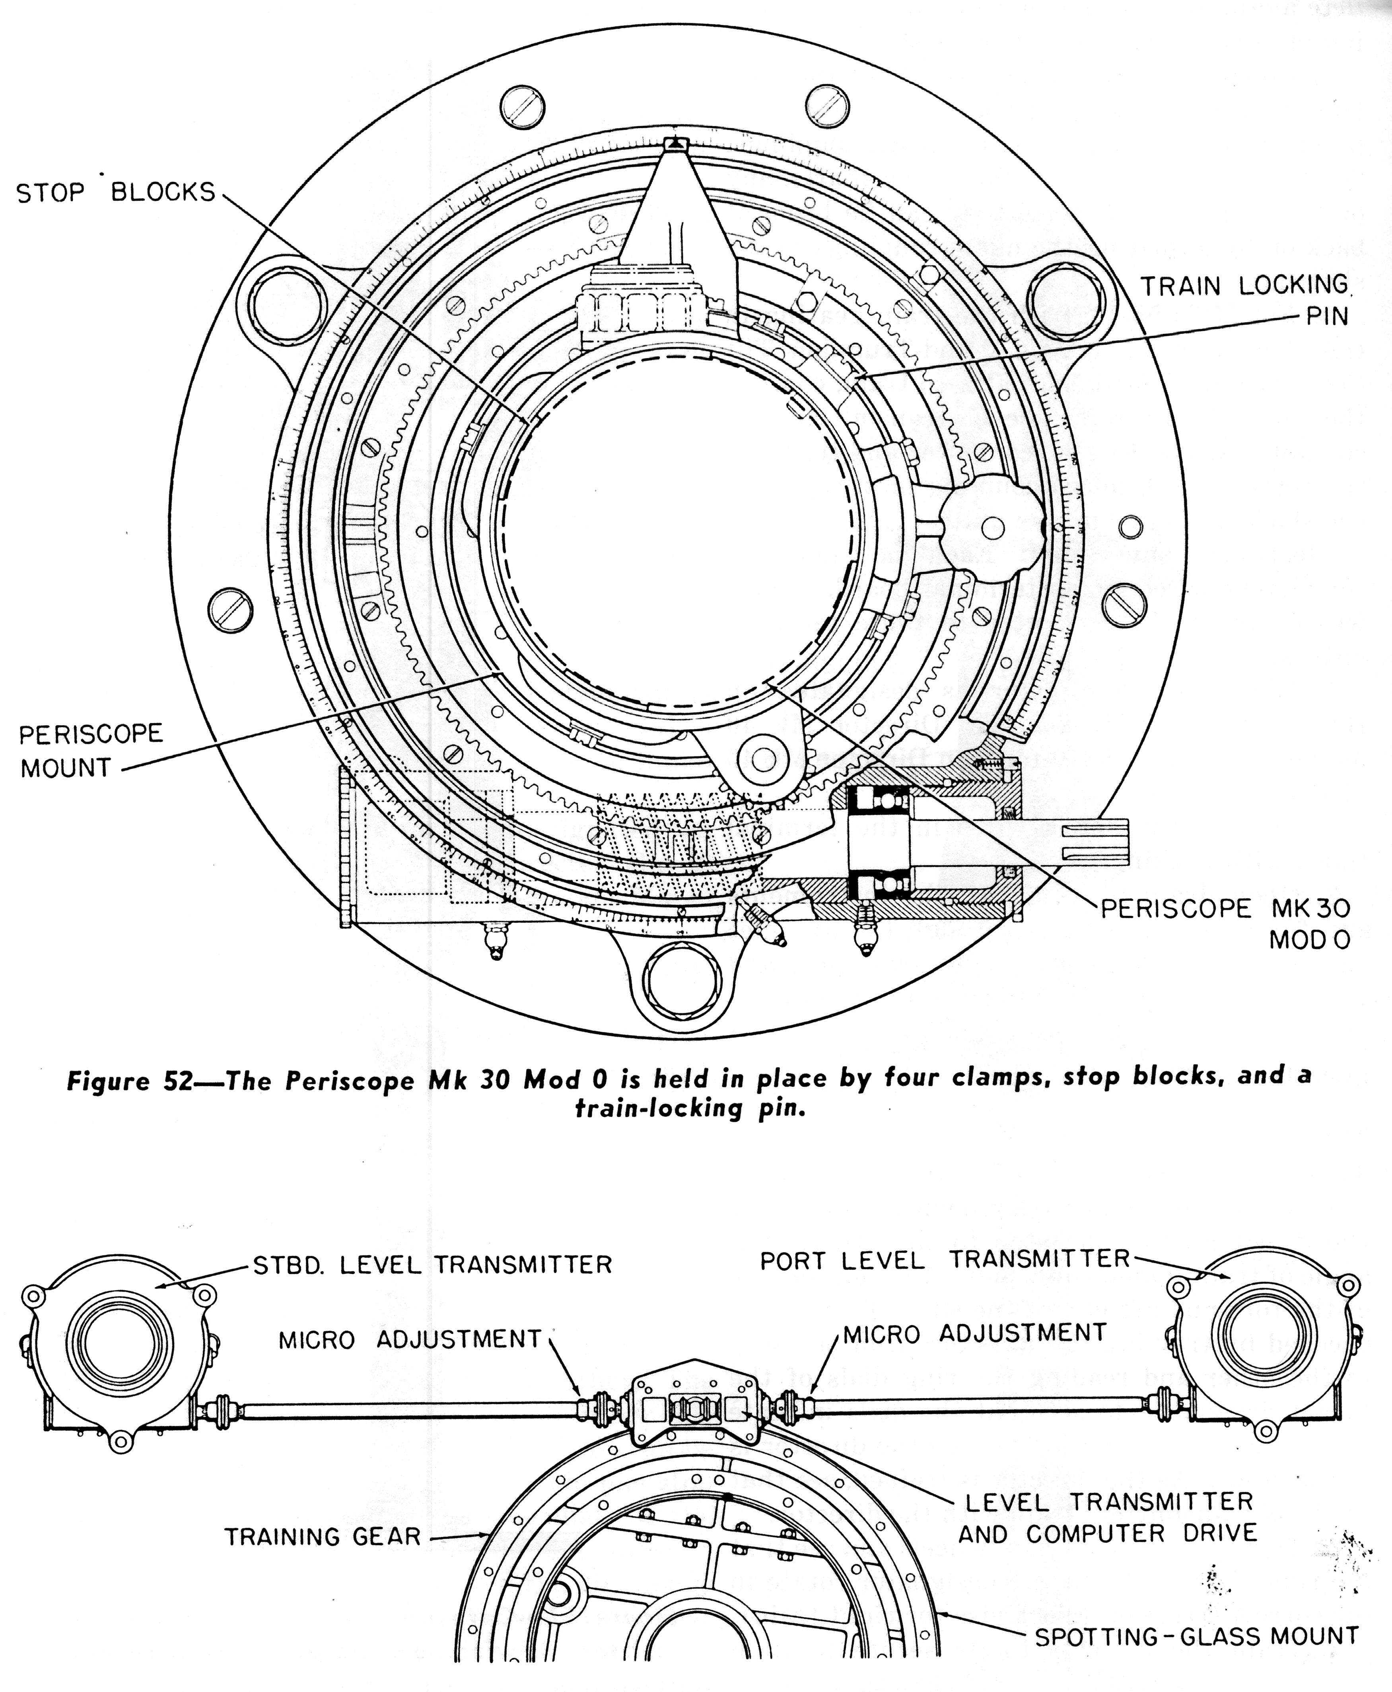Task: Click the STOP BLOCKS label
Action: pos(116,193)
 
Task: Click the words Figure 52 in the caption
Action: pos(128,1081)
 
